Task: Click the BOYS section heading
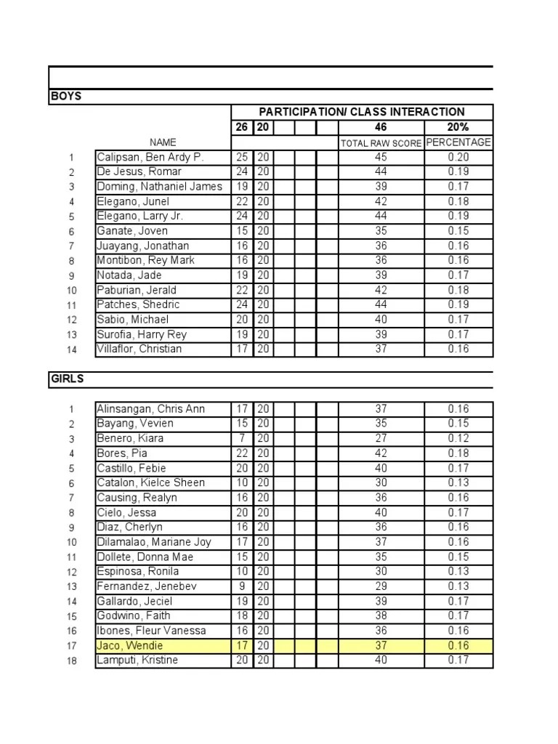click(x=66, y=97)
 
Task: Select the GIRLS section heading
click(x=67, y=379)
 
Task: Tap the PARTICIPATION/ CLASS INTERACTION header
click(x=362, y=112)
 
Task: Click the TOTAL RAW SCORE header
click(x=381, y=143)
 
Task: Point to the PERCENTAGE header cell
click(x=458, y=142)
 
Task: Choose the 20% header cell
click(x=458, y=127)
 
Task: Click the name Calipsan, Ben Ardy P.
click(x=150, y=157)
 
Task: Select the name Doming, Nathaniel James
click(x=159, y=187)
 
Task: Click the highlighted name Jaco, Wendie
click(x=130, y=645)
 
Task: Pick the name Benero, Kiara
click(x=130, y=438)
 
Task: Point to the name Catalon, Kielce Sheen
click(x=151, y=482)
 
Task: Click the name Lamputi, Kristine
click(x=137, y=660)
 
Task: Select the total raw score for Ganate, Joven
click(x=381, y=231)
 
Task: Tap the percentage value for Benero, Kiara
click(x=458, y=438)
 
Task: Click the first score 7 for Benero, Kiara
click(x=243, y=438)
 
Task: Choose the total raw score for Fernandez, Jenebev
click(x=381, y=586)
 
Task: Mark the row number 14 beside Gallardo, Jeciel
click(x=72, y=602)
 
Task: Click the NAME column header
click(x=163, y=142)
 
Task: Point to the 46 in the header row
click(x=381, y=127)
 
